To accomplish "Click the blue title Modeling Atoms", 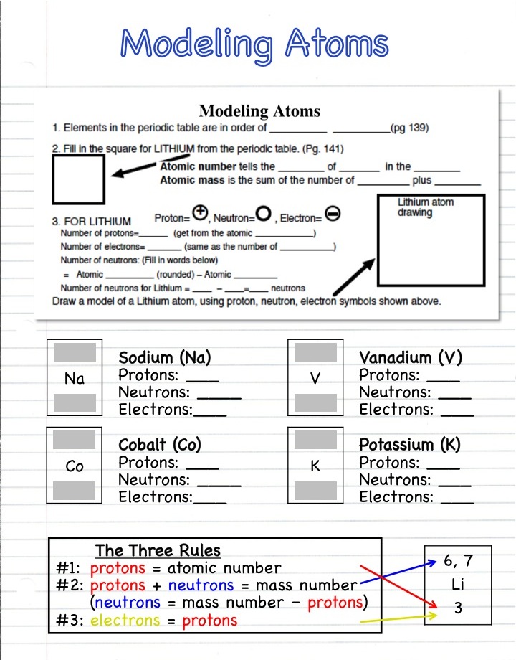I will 254,44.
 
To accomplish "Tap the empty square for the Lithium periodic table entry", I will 79,180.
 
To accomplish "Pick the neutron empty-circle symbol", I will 264,214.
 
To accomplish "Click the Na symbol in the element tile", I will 75,379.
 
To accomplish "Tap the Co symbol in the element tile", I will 75,466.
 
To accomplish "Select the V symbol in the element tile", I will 315,379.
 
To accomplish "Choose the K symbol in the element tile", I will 315,466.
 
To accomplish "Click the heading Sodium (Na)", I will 165,357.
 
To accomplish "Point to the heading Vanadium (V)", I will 411,357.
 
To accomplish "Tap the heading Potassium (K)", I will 409,445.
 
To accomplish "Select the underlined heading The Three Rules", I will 158,550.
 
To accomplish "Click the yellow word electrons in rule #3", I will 126,621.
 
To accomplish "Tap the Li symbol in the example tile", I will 458,585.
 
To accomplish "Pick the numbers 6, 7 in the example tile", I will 458,561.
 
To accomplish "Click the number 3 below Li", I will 458,608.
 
